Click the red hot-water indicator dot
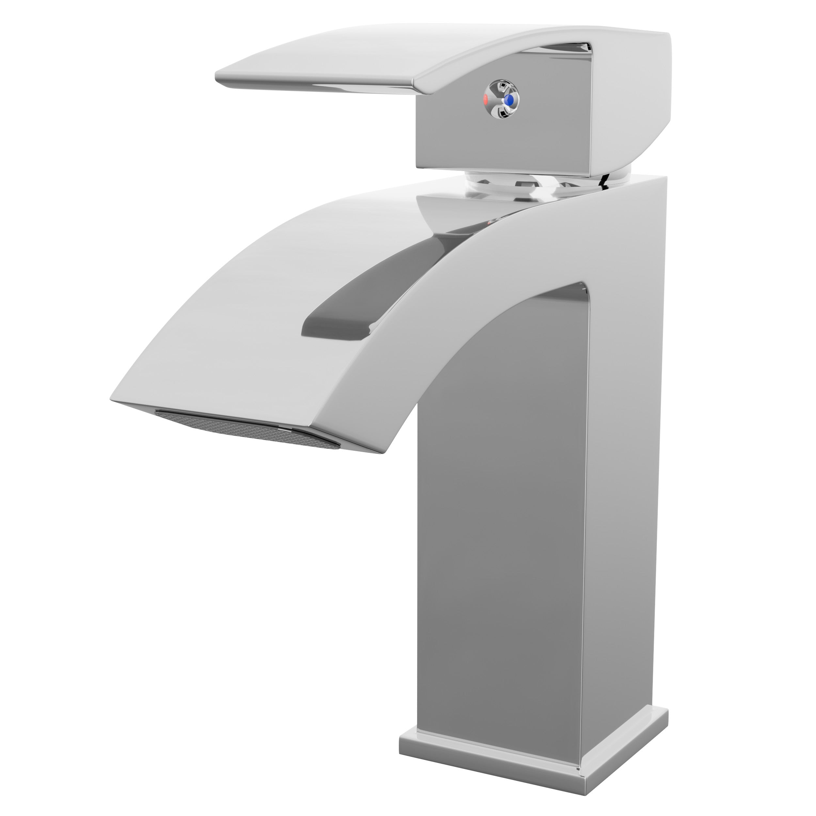click(485, 100)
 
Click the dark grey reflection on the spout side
click(380, 296)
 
